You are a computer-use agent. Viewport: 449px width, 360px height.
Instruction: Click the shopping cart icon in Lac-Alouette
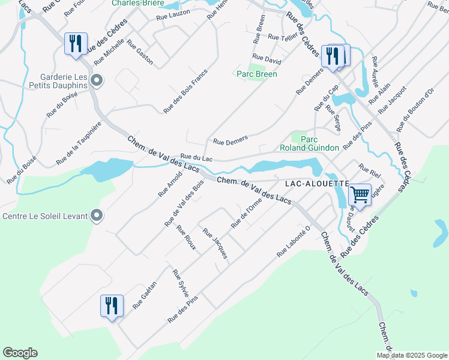tap(360, 194)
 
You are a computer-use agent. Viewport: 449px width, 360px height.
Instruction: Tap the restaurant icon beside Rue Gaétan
tap(112, 306)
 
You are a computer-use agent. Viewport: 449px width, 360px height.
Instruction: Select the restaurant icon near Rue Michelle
tap(76, 44)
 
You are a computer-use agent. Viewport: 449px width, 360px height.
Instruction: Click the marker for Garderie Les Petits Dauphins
tap(97, 80)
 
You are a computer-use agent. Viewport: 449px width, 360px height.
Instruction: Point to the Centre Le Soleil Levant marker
tap(97, 216)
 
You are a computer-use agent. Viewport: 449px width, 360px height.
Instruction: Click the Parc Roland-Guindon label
tap(309, 143)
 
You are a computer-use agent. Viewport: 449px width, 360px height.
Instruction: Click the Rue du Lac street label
tap(197, 158)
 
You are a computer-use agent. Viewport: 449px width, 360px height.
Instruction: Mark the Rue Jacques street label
tap(215, 243)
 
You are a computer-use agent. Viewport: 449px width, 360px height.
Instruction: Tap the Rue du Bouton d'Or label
tap(415, 110)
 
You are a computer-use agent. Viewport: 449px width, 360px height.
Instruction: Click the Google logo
tap(20, 353)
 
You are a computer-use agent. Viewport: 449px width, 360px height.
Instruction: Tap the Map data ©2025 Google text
tap(412, 355)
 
